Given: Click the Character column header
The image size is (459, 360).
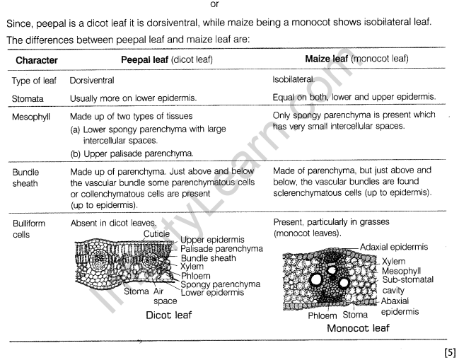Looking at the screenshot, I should (x=37, y=61).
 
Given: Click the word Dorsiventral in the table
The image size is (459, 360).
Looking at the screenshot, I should (x=94, y=81).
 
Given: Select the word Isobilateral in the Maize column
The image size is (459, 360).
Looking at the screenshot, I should (x=296, y=81).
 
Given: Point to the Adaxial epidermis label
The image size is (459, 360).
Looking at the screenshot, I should (x=400, y=246).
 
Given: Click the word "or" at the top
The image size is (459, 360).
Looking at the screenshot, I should (x=226, y=6).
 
